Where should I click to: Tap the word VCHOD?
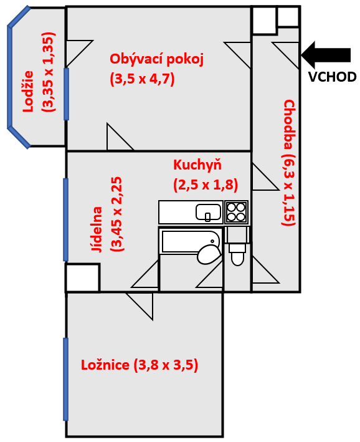(x=333, y=77)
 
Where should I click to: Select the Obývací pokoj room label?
(x=156, y=59)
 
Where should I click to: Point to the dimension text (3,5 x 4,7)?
(x=142, y=79)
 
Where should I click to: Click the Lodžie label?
(x=28, y=92)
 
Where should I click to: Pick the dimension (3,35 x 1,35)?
(x=48, y=72)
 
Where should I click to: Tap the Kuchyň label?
(x=197, y=165)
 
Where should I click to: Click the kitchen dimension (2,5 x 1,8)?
(x=206, y=185)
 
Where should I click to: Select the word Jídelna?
(x=97, y=229)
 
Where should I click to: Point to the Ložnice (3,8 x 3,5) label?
(x=140, y=365)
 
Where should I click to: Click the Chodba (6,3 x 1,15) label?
(x=289, y=163)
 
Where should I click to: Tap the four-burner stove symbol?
(x=236, y=212)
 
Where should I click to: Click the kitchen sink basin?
(x=208, y=212)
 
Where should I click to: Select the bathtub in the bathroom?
(x=189, y=241)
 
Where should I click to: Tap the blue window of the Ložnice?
(x=65, y=380)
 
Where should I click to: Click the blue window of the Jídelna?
(x=65, y=219)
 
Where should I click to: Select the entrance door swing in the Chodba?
(x=285, y=55)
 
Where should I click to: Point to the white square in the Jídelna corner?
(x=83, y=277)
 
